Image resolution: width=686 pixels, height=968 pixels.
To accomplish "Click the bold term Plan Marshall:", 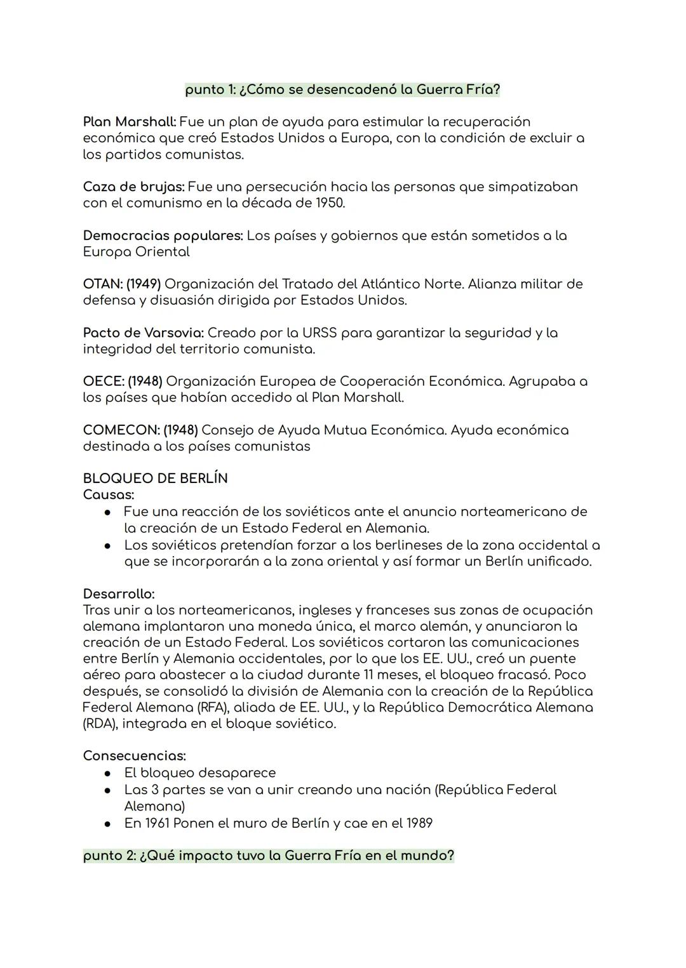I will click(x=130, y=121).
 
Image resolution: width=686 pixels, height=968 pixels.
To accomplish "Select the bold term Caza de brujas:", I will click(x=133, y=187).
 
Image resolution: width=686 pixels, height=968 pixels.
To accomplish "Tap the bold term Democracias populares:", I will click(x=163, y=235).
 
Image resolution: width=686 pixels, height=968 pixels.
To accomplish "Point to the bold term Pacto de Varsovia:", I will click(x=143, y=333).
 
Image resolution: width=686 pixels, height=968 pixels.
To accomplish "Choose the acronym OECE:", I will click(x=103, y=381).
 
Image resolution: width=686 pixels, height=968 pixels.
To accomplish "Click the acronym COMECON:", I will click(x=121, y=430).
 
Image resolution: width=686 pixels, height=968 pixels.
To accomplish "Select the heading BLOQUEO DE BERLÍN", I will click(x=155, y=479).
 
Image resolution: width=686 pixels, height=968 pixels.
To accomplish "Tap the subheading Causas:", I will click(x=109, y=494).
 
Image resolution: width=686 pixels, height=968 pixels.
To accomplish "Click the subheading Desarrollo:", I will click(x=119, y=594).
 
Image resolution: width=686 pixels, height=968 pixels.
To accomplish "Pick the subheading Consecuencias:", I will click(x=134, y=756).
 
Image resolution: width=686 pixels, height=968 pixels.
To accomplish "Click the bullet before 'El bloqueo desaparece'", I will click(x=109, y=774).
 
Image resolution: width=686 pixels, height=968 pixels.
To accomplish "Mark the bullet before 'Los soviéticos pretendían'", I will click(x=109, y=545).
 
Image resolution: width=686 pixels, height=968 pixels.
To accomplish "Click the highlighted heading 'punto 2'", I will click(x=269, y=856).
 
